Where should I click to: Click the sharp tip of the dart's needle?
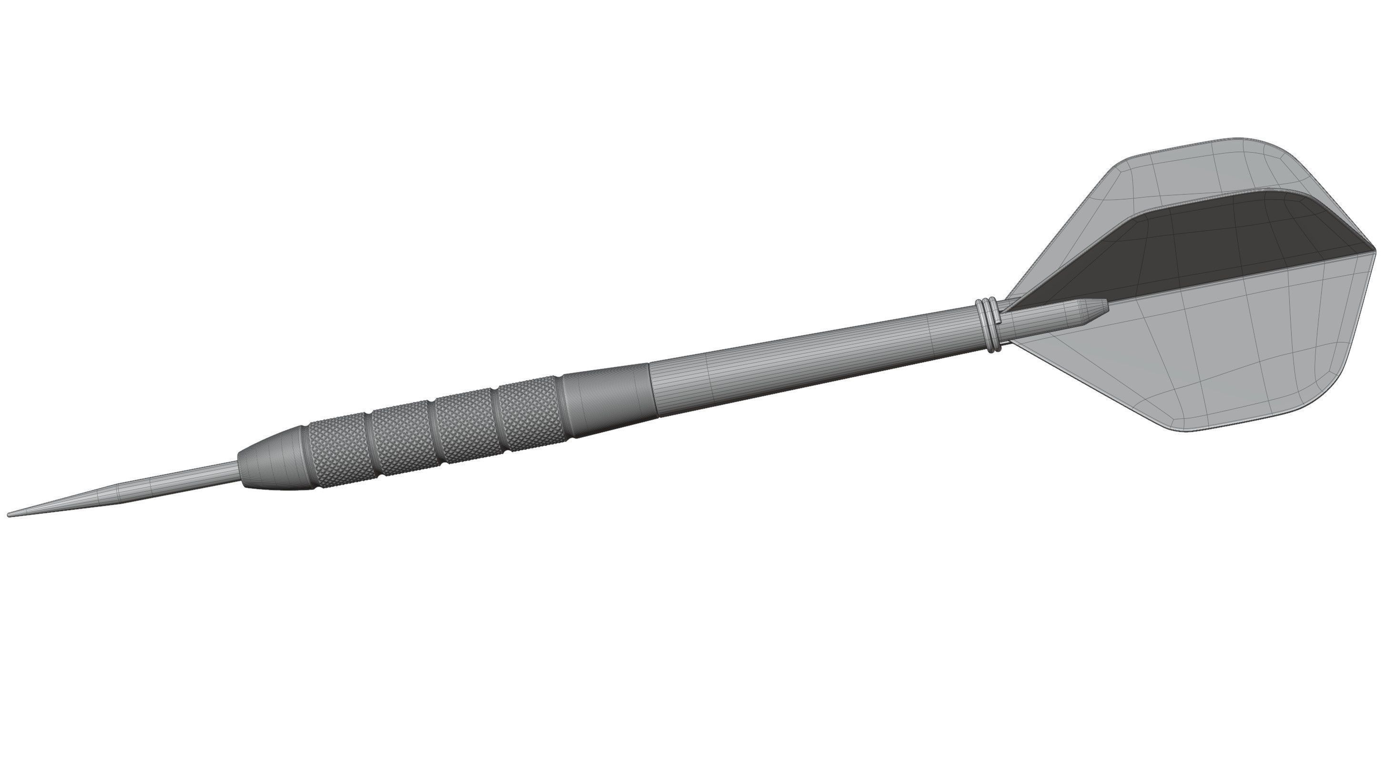(x=9, y=515)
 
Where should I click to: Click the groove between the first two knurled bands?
(x=370, y=446)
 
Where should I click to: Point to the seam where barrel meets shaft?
(x=652, y=389)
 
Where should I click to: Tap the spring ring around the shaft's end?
(x=987, y=326)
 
